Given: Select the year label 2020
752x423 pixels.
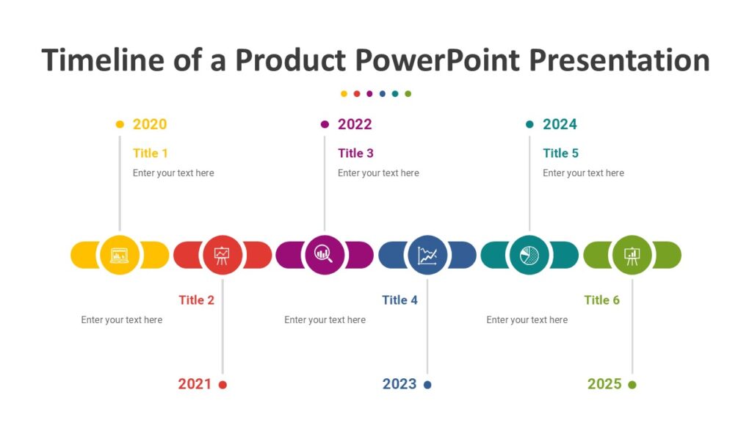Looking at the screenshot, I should pyautogui.click(x=150, y=125).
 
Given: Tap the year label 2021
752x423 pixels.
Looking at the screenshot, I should pyautogui.click(x=195, y=384).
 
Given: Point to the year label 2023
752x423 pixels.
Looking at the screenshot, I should pyautogui.click(x=399, y=384).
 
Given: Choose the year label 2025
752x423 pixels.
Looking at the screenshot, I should pyautogui.click(x=604, y=384).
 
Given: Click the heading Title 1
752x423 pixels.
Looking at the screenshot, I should pyautogui.click(x=151, y=153).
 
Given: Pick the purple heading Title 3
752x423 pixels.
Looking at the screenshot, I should pyautogui.click(x=355, y=153).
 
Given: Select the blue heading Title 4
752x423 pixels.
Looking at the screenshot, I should pyautogui.click(x=399, y=300).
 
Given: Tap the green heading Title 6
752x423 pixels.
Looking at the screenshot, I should pyautogui.click(x=601, y=300).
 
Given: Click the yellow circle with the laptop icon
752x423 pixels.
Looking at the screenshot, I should pyautogui.click(x=120, y=255).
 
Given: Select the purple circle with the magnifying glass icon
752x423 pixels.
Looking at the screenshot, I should pyautogui.click(x=325, y=255).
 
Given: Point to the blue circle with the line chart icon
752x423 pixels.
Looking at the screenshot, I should pyautogui.click(x=427, y=255).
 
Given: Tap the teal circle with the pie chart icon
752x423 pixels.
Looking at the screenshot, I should pyautogui.click(x=529, y=255).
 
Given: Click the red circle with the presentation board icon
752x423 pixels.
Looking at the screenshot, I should pyautogui.click(x=222, y=255).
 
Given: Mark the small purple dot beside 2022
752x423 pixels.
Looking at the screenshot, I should pyautogui.click(x=325, y=125).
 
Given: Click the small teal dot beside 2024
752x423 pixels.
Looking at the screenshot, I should pyautogui.click(x=529, y=125).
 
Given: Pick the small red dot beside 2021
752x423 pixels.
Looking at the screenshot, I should pyautogui.click(x=223, y=385).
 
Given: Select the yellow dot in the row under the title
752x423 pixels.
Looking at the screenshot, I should pyautogui.click(x=344, y=94).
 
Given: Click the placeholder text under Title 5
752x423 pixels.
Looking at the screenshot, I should pyautogui.click(x=583, y=173).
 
